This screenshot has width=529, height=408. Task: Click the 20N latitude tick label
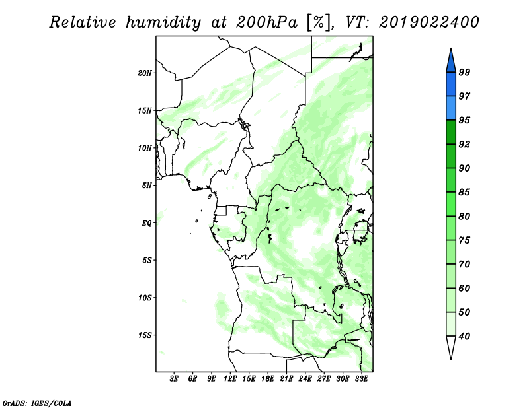[x=145, y=73]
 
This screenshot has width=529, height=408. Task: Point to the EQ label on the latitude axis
[x=147, y=223]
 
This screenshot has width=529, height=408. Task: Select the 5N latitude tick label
[x=147, y=186]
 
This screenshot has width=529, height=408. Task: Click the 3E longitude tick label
[x=174, y=379]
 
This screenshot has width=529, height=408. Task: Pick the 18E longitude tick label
[x=268, y=379]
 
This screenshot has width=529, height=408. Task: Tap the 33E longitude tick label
[x=361, y=379]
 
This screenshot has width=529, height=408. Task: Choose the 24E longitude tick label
[x=305, y=379]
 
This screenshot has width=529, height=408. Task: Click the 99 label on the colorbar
[x=464, y=72]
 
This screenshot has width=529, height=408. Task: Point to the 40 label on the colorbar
[x=464, y=336]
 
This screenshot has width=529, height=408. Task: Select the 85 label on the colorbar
[x=464, y=192]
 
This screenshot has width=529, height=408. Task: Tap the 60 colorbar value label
[x=464, y=288]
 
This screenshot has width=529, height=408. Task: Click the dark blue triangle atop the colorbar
[x=451, y=62]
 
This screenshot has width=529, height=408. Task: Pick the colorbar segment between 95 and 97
[x=451, y=108]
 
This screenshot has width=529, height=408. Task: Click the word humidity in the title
[x=163, y=22]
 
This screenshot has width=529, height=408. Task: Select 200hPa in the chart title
[x=267, y=22]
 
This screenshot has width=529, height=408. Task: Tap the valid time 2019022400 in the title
[x=428, y=22]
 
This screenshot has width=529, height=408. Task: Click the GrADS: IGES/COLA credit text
[x=37, y=403]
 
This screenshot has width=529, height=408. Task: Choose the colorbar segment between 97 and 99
[x=451, y=85]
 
